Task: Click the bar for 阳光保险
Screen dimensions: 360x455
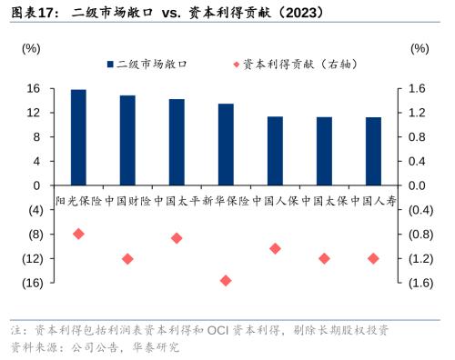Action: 78,137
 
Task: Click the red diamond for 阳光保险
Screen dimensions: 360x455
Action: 78,234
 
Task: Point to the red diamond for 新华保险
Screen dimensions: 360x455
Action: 226,280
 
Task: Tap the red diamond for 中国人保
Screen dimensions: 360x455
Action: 275,248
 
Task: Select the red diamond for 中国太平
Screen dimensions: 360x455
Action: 177,238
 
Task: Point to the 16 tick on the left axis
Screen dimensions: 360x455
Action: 33,88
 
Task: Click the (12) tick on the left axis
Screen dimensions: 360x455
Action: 30,258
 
